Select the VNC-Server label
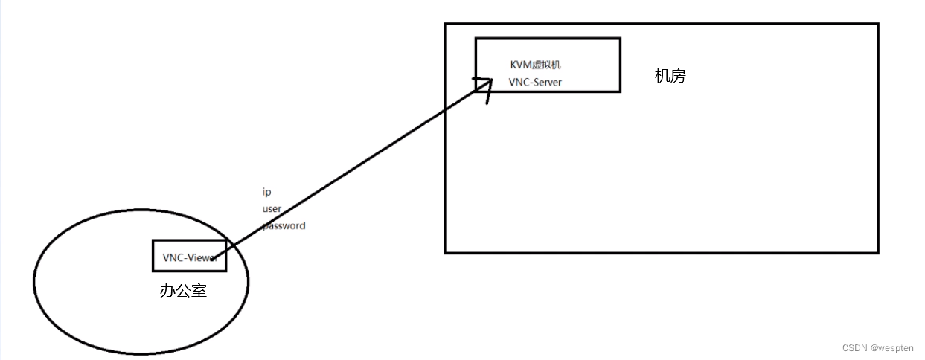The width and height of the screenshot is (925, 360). click(535, 83)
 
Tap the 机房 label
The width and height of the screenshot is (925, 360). click(670, 76)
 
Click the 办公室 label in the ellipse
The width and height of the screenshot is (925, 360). click(183, 291)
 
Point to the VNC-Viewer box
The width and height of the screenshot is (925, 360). click(189, 257)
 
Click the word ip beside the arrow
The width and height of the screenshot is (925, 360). click(266, 192)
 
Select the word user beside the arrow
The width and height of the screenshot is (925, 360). click(272, 209)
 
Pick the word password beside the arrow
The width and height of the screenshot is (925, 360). click(284, 225)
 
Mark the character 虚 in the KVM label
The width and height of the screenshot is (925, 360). click(540, 65)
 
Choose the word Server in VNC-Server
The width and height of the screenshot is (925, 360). click(545, 83)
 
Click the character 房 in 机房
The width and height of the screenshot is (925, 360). click(678, 76)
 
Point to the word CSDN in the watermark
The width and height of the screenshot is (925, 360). click(855, 348)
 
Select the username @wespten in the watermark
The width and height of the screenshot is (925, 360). click(894, 348)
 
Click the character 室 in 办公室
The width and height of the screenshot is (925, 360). click(199, 291)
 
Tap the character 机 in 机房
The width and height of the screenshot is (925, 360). click(662, 76)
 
